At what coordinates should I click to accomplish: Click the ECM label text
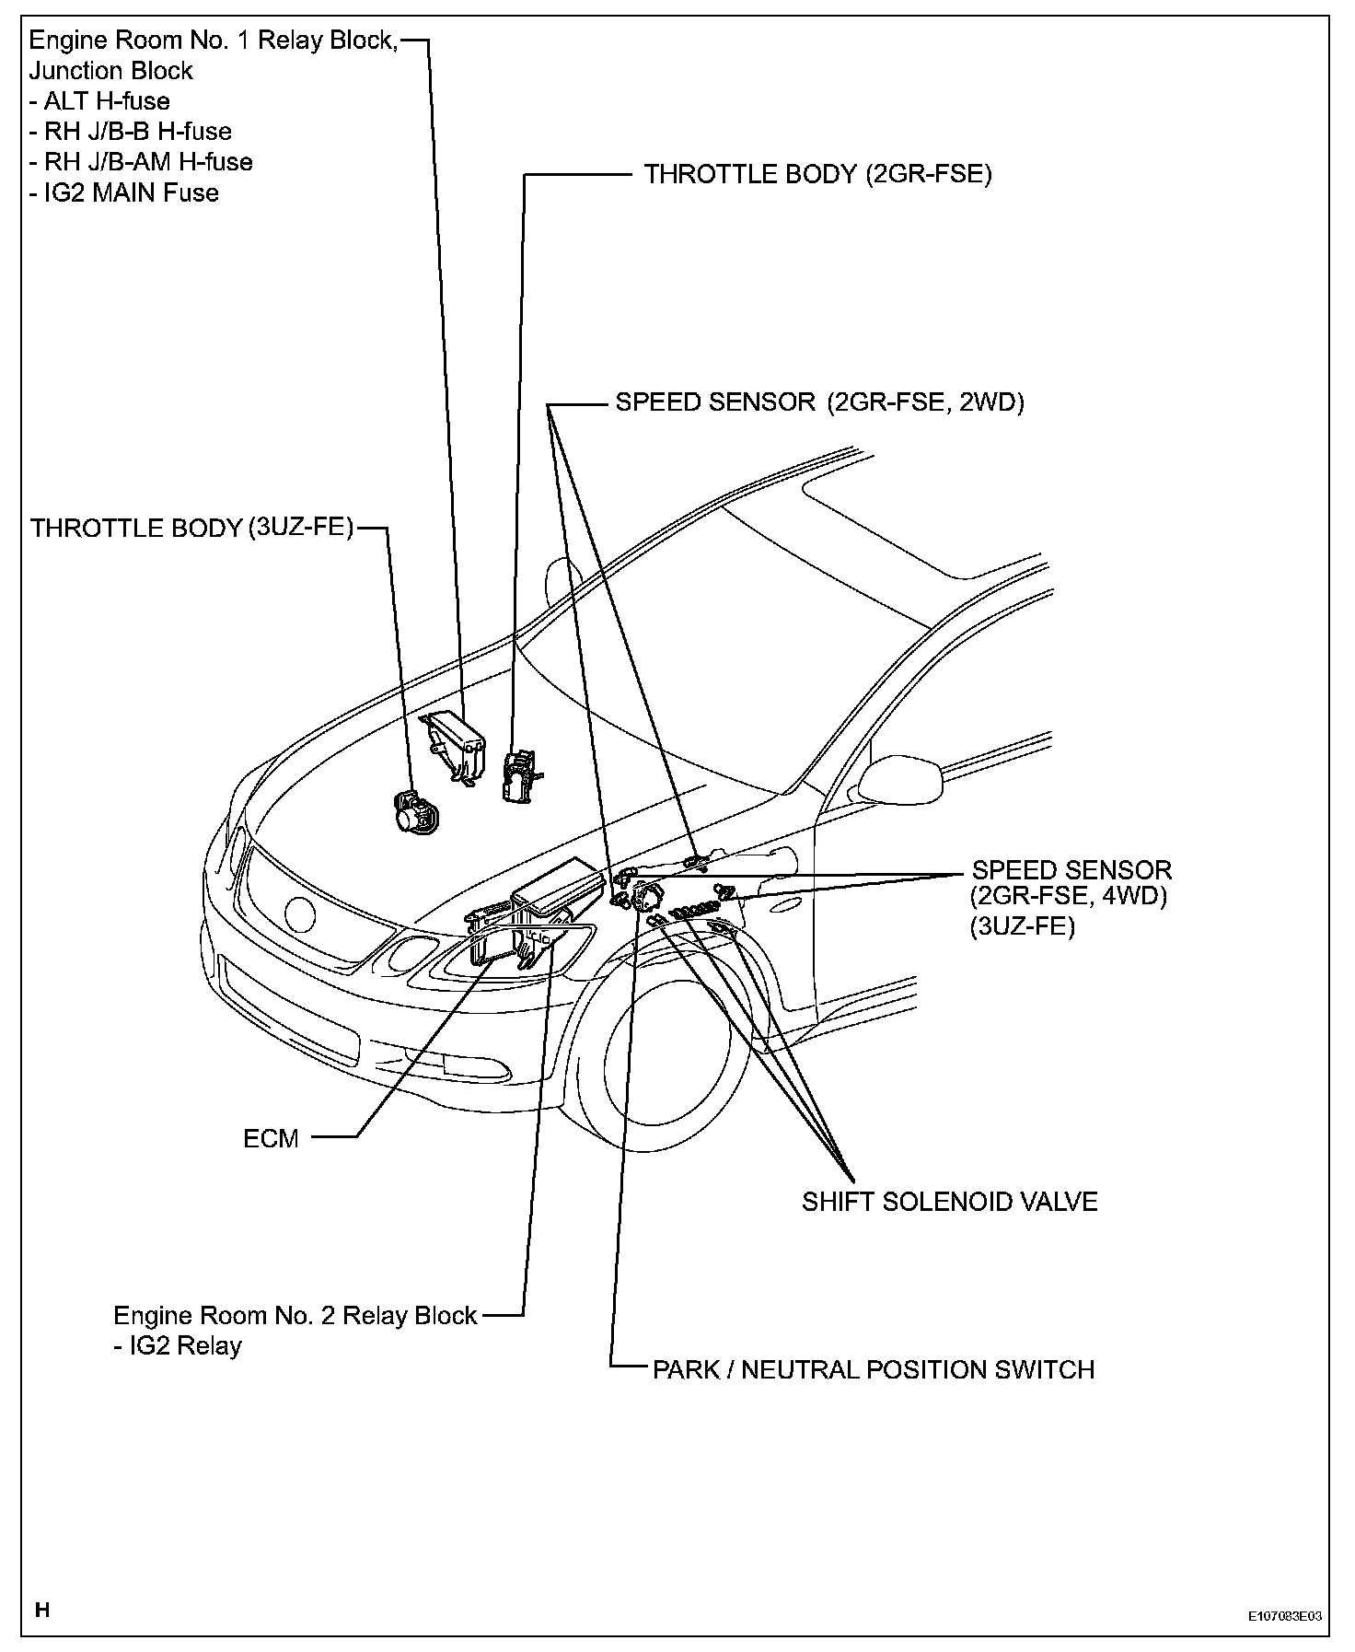point(271,1139)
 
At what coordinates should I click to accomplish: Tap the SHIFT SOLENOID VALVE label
point(949,1202)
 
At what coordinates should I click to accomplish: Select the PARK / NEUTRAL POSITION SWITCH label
point(873,1369)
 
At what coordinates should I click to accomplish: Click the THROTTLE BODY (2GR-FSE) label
point(816,175)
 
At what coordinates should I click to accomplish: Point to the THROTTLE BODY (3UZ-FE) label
point(191,528)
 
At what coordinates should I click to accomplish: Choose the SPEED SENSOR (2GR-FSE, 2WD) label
point(819,402)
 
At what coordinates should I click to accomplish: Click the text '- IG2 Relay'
point(178,1346)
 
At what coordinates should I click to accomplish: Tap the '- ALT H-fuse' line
point(99,101)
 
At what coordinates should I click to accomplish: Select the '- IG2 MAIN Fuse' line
point(124,193)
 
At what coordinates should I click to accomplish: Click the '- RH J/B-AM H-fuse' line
point(141,162)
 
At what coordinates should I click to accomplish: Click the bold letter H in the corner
point(41,1611)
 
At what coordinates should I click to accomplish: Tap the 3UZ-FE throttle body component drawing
point(415,811)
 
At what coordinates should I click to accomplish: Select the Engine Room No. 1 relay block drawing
point(454,741)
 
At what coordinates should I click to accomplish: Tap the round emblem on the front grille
point(300,914)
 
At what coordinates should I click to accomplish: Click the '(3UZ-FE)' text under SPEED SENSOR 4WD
point(1022,927)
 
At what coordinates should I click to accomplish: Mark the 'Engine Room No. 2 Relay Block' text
point(295,1315)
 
